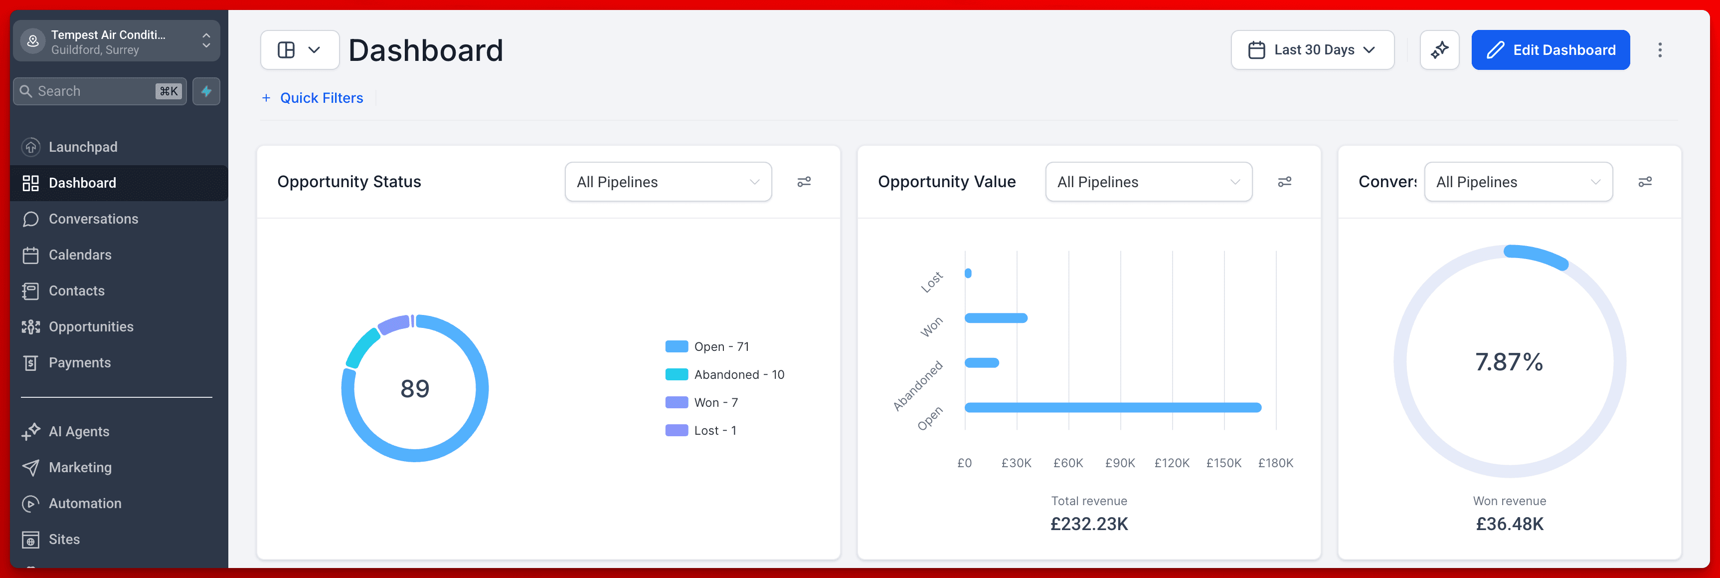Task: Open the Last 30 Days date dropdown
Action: tap(1312, 50)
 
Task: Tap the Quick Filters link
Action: tap(313, 98)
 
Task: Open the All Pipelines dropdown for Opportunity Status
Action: tap(668, 182)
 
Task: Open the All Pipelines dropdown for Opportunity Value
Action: tap(1149, 182)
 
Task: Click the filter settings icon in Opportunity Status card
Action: tap(804, 182)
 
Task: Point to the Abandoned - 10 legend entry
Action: tap(724, 375)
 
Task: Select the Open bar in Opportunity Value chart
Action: tap(1113, 408)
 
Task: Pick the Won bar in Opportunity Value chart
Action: tap(996, 318)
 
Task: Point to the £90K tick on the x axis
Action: tap(1120, 463)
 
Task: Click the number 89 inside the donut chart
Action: tap(415, 389)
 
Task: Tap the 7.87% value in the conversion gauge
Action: tap(1509, 362)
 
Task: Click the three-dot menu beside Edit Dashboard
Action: tap(1660, 50)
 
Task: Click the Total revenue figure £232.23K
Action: tap(1089, 524)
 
